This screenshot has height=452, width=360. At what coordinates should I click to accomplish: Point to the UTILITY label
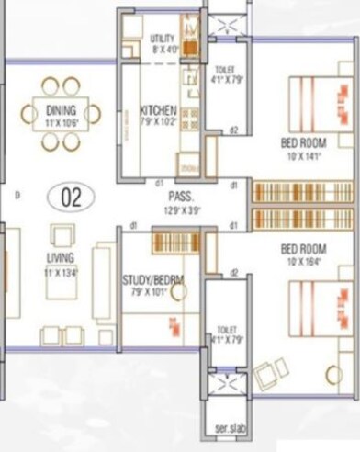pos(163,38)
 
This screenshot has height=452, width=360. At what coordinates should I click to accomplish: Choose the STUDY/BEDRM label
pos(152,280)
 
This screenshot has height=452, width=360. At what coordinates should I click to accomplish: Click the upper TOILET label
pos(224,70)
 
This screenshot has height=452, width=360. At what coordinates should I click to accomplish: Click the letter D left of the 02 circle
pos(17,196)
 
